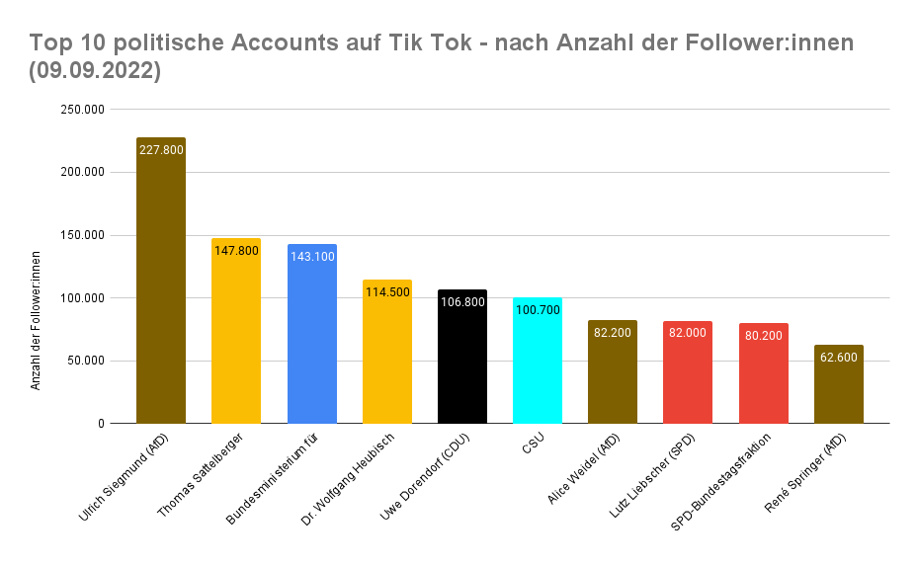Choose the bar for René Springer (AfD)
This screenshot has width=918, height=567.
839,395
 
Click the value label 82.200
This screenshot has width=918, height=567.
614,332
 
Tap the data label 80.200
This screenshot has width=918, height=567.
764,334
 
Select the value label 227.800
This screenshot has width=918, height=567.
161,149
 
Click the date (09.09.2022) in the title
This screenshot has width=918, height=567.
95,71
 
